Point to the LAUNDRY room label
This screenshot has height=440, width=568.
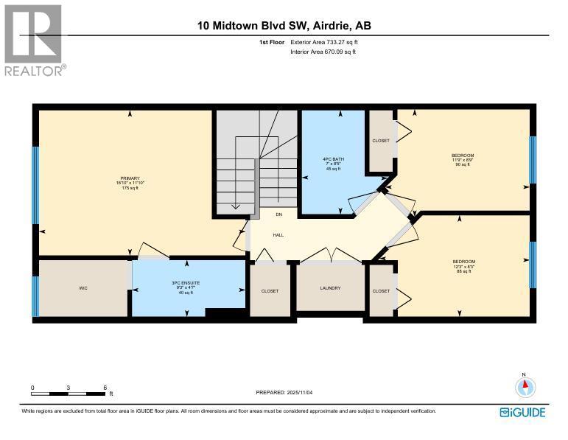pos(330,288)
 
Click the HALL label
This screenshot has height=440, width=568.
pos(278,235)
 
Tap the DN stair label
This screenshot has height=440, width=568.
pos(279,215)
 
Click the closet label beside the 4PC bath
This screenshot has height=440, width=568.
pos(381,141)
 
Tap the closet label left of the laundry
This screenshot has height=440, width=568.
pos(270,291)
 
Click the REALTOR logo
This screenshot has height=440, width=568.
pos(34,41)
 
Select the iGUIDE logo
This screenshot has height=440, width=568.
pos(522,412)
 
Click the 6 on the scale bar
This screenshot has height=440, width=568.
pos(105,388)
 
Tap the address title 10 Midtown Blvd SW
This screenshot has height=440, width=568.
pos(284,26)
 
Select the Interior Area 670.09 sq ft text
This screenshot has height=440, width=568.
pos(323,53)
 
